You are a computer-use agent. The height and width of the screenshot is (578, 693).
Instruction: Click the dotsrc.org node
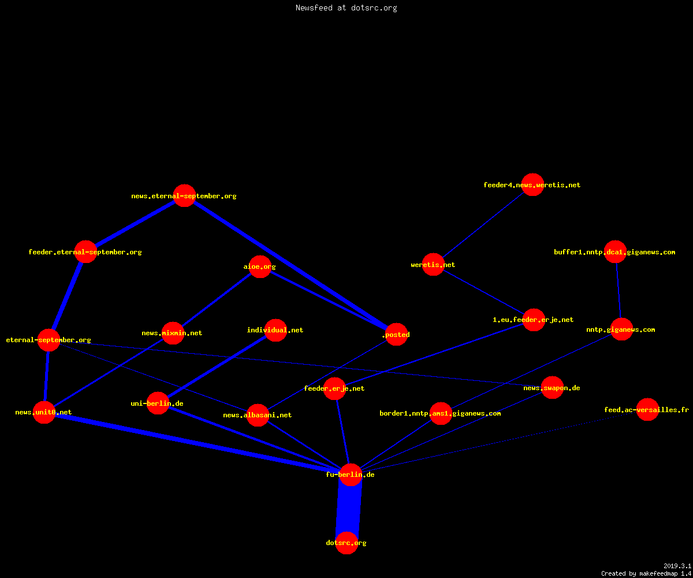(x=346, y=543)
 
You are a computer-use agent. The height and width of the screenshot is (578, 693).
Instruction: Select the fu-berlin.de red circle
(x=351, y=475)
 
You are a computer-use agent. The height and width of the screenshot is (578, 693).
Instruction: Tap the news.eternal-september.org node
(x=185, y=196)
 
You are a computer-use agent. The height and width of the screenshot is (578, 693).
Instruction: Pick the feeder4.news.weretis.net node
(x=532, y=185)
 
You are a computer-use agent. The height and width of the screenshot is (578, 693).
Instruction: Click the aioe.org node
(x=260, y=266)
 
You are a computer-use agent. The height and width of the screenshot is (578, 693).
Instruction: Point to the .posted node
(x=396, y=335)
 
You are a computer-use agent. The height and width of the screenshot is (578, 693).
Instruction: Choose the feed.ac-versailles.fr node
(x=647, y=410)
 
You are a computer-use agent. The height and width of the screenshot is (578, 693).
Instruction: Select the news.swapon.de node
(x=552, y=388)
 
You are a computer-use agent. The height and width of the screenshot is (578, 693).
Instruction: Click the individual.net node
(x=276, y=330)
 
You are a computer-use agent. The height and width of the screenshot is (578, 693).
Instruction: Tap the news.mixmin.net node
(x=173, y=333)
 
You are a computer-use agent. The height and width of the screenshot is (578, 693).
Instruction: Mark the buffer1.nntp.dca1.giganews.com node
(x=616, y=252)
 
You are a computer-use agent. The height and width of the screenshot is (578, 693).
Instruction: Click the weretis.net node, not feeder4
(x=433, y=264)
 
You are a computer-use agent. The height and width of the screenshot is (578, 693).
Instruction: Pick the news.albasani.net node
(x=258, y=415)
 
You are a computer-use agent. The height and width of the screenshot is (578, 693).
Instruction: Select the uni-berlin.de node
(x=158, y=403)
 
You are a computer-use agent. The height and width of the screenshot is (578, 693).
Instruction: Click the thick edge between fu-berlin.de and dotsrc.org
(x=348, y=509)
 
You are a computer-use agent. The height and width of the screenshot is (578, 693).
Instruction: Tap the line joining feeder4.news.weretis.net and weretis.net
(x=483, y=225)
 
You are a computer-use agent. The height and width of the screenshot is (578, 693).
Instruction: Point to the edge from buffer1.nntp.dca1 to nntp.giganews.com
(x=619, y=290)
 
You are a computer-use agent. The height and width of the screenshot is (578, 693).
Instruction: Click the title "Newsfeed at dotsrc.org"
(x=346, y=8)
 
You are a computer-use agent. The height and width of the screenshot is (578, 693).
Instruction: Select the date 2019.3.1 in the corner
(x=677, y=566)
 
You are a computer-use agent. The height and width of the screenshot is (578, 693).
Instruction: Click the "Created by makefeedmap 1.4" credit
(x=646, y=573)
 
